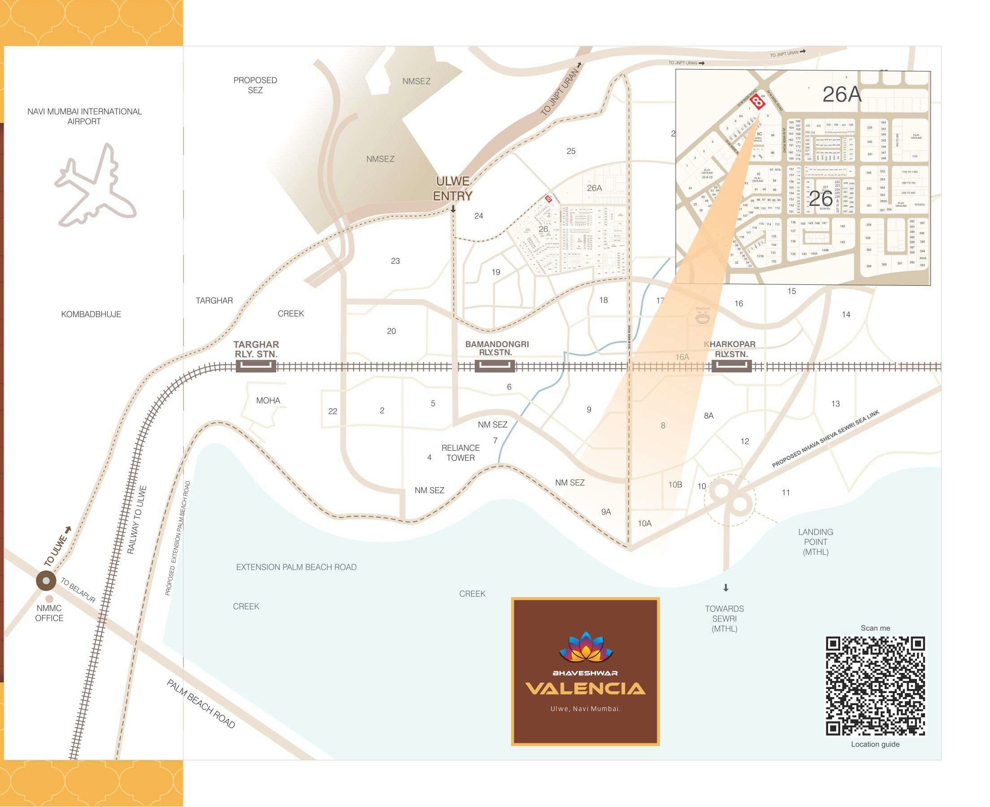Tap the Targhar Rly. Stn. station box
[x=256, y=366]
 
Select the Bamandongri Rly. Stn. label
[x=497, y=348]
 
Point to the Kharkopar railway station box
[x=731, y=366]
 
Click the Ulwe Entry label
[x=452, y=189]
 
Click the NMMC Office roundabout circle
[x=47, y=581]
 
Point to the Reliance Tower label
[x=460, y=453]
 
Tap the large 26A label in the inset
[x=842, y=95]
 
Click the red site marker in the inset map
[x=758, y=102]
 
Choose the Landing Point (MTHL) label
[x=815, y=541]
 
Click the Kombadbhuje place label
[x=91, y=314]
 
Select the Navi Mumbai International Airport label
[x=85, y=116]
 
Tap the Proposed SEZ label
[x=255, y=85]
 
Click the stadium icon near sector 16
[x=703, y=317]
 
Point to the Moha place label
[x=268, y=400]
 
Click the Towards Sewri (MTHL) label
[x=724, y=618]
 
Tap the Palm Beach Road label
[x=201, y=704]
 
